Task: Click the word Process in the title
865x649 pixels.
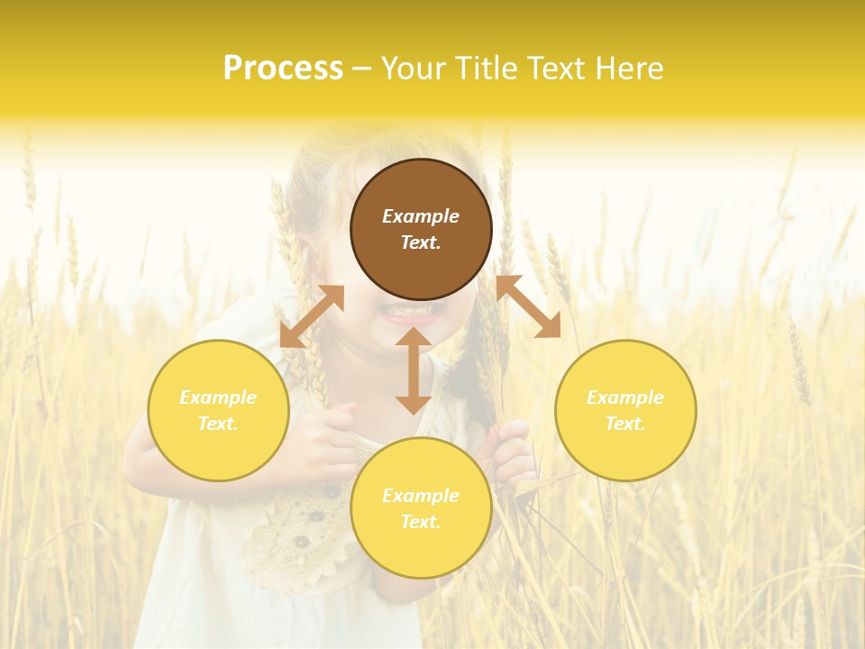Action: pyautogui.click(x=283, y=69)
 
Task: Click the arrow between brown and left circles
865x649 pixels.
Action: pyautogui.click(x=312, y=316)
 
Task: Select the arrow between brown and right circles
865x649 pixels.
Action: pyautogui.click(x=528, y=306)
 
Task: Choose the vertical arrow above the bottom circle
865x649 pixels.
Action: pyautogui.click(x=413, y=370)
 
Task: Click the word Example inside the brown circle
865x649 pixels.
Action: pyautogui.click(x=421, y=216)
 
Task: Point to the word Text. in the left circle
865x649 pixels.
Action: pyautogui.click(x=218, y=424)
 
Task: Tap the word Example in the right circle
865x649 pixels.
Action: pyautogui.click(x=625, y=398)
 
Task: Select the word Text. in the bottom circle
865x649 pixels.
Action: pyautogui.click(x=421, y=522)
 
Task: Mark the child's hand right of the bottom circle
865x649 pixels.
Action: pyautogui.click(x=514, y=451)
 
